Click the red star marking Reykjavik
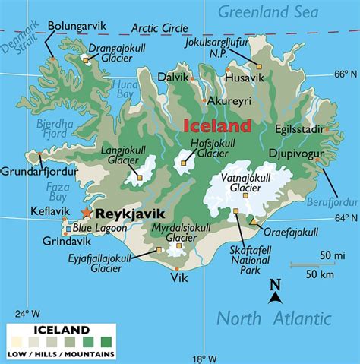pyautogui.click(x=87, y=215)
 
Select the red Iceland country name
pyautogui.click(x=216, y=125)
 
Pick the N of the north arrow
pyautogui.click(x=276, y=285)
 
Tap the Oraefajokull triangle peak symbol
pyautogui.click(x=252, y=221)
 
